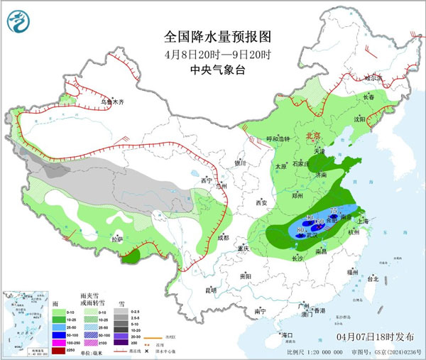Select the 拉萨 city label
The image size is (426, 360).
pos(117,239)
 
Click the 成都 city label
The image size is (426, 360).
pos(224,237)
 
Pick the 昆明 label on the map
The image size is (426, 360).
pos(210,290)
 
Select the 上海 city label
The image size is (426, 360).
pos(363,221)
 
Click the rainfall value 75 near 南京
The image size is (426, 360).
pos(335,209)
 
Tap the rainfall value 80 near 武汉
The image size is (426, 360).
pos(301,231)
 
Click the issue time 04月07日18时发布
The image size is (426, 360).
pos(374,335)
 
